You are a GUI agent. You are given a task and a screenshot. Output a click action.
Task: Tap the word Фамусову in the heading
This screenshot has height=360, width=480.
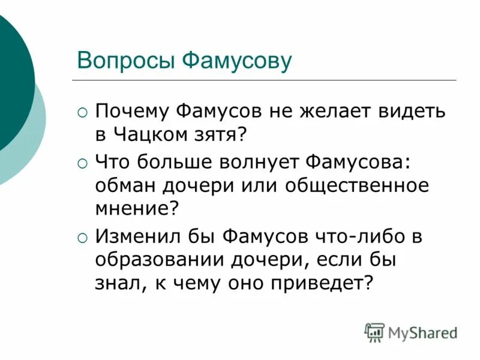pos(236,61)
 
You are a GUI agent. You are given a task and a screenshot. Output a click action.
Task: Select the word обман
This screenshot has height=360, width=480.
pos(124,185)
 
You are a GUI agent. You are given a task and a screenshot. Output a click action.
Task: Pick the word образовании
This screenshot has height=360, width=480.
pos(158,259)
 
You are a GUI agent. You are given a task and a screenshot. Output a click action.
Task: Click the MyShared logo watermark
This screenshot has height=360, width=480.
pos(412,332)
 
